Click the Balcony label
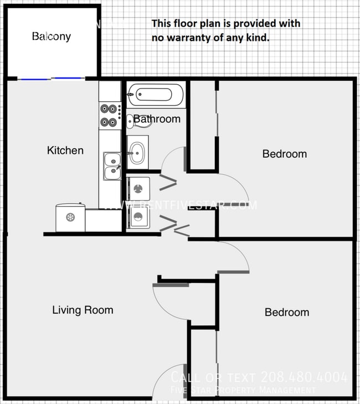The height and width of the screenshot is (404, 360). (x=51, y=37)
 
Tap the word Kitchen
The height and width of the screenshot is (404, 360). (x=65, y=151)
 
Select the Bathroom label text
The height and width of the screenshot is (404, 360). (x=157, y=119)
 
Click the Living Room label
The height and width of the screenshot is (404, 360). (x=83, y=310)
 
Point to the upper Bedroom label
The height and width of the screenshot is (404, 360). (x=284, y=154)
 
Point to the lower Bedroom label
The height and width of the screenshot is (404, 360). (x=286, y=312)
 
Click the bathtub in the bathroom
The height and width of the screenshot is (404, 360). (x=155, y=95)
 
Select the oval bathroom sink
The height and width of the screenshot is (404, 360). (x=137, y=151)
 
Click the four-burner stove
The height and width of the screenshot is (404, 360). (x=109, y=115)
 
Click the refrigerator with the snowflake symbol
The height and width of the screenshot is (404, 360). (x=70, y=217)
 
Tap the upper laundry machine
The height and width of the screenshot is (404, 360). (x=138, y=189)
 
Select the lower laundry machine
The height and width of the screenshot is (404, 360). (x=138, y=217)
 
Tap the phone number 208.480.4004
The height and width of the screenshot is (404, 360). (x=305, y=377)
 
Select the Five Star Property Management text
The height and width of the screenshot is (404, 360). (x=244, y=391)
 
